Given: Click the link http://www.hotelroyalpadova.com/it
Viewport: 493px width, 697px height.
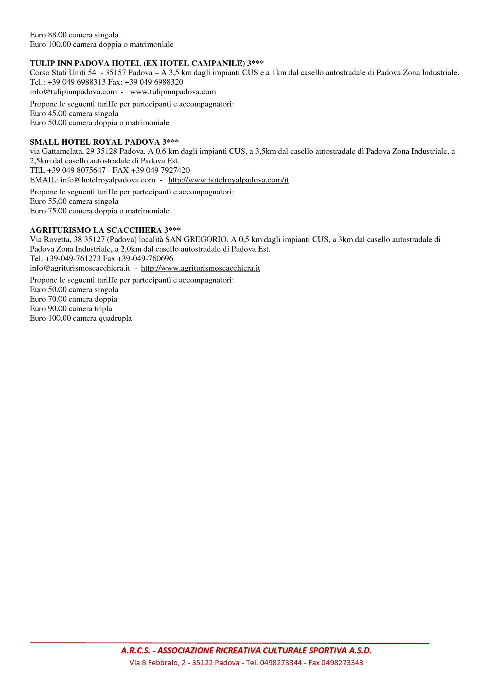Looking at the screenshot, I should pos(228,180).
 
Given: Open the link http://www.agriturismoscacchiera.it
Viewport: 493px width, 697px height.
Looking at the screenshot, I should pos(200,268).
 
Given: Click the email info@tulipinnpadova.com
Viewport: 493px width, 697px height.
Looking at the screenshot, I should pos(73,92).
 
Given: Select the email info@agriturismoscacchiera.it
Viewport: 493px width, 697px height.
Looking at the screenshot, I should pos(80,268).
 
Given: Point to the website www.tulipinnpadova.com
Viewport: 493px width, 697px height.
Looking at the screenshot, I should pos(173,92).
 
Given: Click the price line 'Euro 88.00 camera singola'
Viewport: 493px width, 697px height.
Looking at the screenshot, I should pos(74,35).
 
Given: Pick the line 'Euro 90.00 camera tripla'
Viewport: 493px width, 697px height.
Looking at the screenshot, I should pos(71,309).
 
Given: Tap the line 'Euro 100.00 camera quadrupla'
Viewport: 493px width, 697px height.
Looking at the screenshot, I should pos(81,318).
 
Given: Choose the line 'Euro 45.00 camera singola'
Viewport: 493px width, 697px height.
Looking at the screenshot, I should pos(74,114).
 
